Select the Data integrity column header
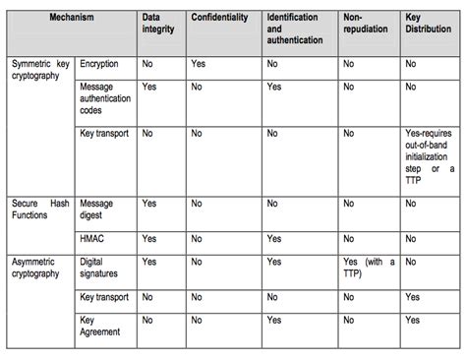pos(157,24)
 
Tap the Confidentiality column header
pos(223,18)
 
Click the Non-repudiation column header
pos(366,24)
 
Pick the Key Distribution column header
pos(427,24)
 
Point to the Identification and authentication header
pos(295,30)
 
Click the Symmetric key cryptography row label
pos(40,69)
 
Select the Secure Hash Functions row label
pos(40,209)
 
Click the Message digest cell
pos(95,209)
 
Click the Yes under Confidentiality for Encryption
pos(198,63)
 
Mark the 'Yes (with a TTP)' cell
pos(369,268)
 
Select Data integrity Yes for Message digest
pos(149,203)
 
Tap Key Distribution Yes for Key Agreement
pos(413,321)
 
